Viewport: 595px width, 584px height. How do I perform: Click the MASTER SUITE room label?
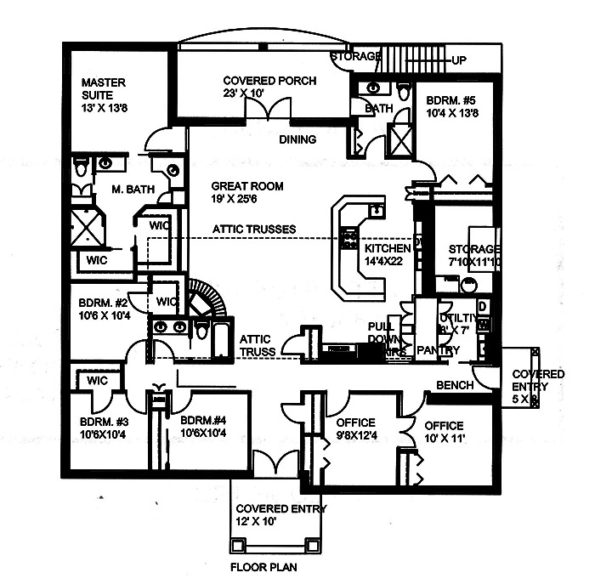(104, 89)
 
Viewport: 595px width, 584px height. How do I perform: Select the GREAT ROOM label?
(247, 193)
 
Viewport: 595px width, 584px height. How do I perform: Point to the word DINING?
(297, 139)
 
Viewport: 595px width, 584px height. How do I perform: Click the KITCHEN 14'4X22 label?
(388, 255)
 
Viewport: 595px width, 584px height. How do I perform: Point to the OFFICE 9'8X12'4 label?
(355, 430)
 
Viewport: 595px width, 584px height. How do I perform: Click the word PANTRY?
(439, 350)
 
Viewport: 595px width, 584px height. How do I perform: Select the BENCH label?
(454, 385)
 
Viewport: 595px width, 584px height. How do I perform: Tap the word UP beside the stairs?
(459, 61)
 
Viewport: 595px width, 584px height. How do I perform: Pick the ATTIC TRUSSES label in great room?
(254, 230)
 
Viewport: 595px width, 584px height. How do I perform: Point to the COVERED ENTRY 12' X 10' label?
(269, 516)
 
